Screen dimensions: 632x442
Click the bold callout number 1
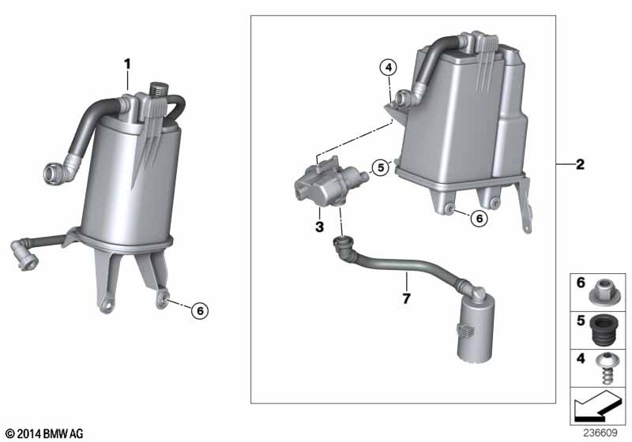pos(127,65)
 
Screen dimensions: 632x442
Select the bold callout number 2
pos(580,164)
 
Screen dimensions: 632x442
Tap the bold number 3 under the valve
pos(320,227)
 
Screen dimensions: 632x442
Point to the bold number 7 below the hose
pos(406,298)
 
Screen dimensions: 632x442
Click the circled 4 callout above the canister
pos(389,67)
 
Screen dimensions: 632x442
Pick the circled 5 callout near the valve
pos(381,167)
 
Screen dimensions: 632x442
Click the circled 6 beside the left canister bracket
pos(200,310)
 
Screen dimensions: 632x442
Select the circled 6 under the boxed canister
pos(480,218)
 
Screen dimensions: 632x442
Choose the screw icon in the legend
pos(606,368)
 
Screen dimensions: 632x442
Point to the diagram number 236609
pos(600,433)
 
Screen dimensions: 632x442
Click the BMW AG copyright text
pos(45,433)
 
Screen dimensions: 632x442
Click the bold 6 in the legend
pos(581,283)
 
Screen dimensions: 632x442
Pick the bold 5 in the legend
pos(581,320)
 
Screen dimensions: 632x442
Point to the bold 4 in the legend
pos(581,358)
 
